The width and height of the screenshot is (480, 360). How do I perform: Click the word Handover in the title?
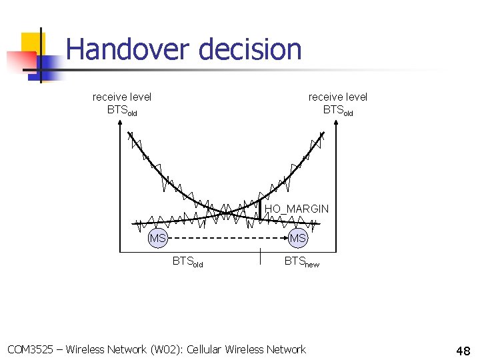tap(127, 49)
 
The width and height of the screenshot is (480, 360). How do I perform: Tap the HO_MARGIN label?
tap(297, 209)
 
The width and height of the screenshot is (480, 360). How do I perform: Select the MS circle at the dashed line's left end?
tap(158, 238)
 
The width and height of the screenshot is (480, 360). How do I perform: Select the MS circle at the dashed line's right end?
tap(297, 238)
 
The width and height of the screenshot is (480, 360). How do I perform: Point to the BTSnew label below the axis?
tap(301, 262)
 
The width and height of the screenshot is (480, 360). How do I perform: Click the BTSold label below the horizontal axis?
tap(187, 262)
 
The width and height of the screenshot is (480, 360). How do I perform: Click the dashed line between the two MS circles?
tap(227, 238)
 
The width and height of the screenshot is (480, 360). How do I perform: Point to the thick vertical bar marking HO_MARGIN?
tap(259, 209)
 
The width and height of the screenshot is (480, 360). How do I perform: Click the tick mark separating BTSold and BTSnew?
tap(259, 258)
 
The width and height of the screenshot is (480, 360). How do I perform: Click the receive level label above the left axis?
tap(122, 103)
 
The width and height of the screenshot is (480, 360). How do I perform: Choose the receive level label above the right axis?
tap(338, 103)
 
